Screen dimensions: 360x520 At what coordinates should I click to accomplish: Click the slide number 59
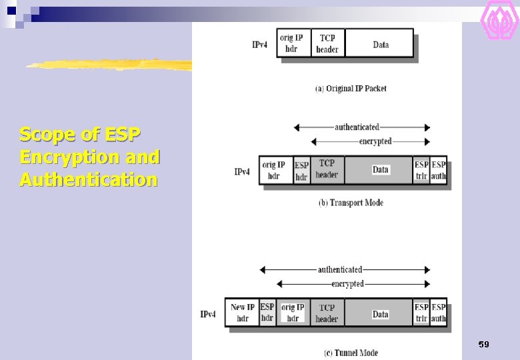pyautogui.click(x=484, y=345)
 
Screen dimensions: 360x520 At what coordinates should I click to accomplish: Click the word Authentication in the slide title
pyautogui.click(x=89, y=180)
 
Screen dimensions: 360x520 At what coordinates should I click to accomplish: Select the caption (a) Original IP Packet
pyautogui.click(x=351, y=89)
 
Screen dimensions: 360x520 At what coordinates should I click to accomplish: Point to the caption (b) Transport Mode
pyautogui.click(x=351, y=203)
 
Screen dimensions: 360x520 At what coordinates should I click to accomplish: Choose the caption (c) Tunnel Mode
pyautogui.click(x=351, y=353)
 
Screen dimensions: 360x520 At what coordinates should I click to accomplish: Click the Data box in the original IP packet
pyautogui.click(x=381, y=45)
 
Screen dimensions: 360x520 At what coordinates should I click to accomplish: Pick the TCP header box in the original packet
pyautogui.click(x=327, y=44)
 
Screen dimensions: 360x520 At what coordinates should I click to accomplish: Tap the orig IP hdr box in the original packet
pyautogui.click(x=291, y=44)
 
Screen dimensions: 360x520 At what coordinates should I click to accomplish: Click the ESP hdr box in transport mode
pyautogui.click(x=301, y=171)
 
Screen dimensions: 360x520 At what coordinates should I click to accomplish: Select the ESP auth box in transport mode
pyautogui.click(x=439, y=171)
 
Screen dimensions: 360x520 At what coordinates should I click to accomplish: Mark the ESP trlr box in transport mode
pyautogui.click(x=421, y=171)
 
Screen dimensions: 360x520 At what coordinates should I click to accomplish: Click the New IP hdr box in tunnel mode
pyautogui.click(x=242, y=313)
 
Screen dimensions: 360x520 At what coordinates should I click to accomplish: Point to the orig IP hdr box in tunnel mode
pyautogui.click(x=293, y=313)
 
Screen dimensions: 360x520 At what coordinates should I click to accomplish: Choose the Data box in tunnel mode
pyautogui.click(x=380, y=314)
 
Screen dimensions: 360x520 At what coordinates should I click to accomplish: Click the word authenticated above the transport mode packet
pyautogui.click(x=357, y=127)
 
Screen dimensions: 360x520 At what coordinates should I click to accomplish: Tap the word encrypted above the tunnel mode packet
pyautogui.click(x=348, y=284)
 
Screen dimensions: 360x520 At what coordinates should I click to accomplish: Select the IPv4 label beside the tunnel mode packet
pyautogui.click(x=208, y=314)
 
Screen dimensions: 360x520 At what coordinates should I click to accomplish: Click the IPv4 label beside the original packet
pyautogui.click(x=260, y=45)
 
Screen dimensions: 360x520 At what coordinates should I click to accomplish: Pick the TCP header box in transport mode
pyautogui.click(x=327, y=169)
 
